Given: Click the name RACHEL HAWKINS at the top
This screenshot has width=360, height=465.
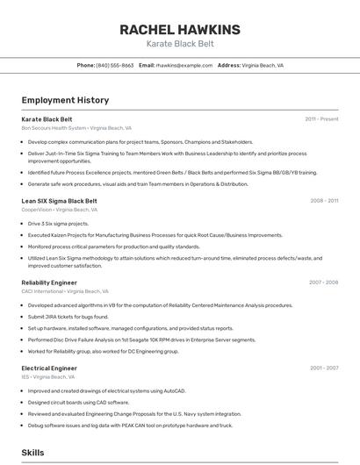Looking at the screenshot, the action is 179,30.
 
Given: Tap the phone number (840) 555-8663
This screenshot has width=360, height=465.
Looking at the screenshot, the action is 115,65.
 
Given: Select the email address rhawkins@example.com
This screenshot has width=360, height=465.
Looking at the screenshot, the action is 184,65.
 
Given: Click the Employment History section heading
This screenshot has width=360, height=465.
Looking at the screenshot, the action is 65,100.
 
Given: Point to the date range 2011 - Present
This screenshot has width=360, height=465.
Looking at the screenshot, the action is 321,119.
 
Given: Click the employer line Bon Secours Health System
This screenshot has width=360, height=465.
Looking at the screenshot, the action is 76,128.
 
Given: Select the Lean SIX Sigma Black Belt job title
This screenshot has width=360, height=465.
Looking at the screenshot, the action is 59,201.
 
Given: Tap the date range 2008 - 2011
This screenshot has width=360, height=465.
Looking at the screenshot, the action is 324,201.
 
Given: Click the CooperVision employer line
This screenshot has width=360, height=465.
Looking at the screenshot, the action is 59,210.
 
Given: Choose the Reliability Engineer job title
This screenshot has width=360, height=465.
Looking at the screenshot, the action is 49,283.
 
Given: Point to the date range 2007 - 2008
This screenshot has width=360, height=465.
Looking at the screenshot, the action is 323,283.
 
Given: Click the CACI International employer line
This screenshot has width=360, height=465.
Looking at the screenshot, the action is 65,291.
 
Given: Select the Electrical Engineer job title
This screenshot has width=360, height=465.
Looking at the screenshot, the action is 49,368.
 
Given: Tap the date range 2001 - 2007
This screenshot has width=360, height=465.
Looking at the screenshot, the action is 323,368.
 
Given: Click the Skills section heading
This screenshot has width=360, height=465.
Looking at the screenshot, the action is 32,453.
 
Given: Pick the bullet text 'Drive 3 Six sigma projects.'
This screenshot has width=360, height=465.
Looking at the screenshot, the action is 58,224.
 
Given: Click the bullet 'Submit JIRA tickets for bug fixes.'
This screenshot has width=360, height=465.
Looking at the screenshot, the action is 68,316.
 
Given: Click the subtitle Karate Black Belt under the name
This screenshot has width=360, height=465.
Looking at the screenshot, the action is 179,44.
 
